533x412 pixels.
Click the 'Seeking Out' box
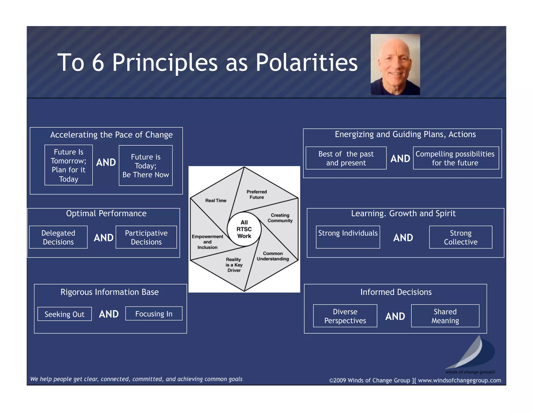point(65,314)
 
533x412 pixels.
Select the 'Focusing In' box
point(154,314)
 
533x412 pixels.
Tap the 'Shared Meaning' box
point(445,316)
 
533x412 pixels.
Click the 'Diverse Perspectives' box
point(345,316)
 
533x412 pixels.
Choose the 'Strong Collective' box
point(461,237)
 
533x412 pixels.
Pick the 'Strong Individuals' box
point(348,237)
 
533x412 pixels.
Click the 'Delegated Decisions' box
point(58,237)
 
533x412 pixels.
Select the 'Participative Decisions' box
point(146,237)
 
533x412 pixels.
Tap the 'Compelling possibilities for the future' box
point(456,158)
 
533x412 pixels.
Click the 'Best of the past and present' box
point(346,158)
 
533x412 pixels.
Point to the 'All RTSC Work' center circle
point(244,229)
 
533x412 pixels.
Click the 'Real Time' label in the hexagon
point(216,201)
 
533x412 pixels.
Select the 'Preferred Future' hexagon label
point(257,195)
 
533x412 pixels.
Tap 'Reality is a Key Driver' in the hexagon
point(234,265)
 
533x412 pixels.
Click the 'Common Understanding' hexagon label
point(273,256)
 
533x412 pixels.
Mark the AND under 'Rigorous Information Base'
point(109,314)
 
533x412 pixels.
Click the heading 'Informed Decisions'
point(396,292)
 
